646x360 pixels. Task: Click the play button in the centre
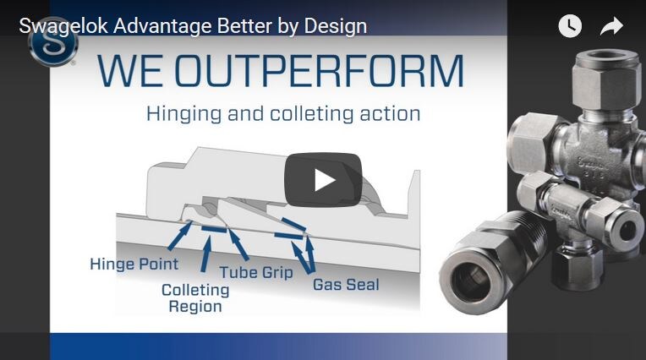pyautogui.click(x=323, y=179)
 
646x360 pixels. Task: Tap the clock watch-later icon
pyautogui.click(x=570, y=26)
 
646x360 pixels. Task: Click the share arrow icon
pyautogui.click(x=611, y=26)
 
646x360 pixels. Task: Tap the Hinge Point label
pyautogui.click(x=134, y=264)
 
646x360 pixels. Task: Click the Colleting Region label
pyautogui.click(x=195, y=297)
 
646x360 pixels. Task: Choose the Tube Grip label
pyautogui.click(x=256, y=272)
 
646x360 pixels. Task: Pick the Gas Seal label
pyautogui.click(x=346, y=284)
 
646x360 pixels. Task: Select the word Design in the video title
pyautogui.click(x=338, y=25)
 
